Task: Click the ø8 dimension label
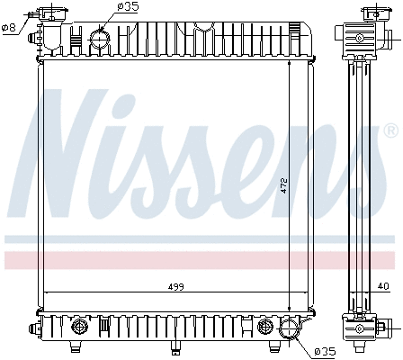point(9,27)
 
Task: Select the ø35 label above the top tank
point(129,7)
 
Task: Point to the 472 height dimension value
point(282,186)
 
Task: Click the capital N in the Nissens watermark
point(67,153)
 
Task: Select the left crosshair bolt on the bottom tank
point(79,326)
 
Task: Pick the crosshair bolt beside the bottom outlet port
point(264,326)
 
